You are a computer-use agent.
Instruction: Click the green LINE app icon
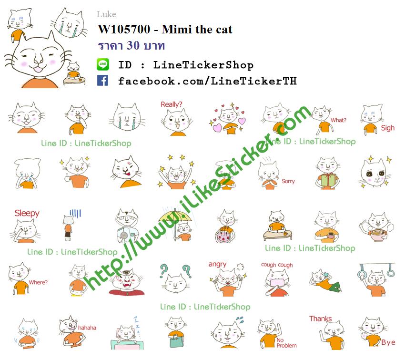coord(103,64)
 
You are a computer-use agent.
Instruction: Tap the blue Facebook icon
coord(102,81)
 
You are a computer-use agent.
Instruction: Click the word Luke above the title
coord(106,14)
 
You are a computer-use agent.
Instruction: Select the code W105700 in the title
coord(124,29)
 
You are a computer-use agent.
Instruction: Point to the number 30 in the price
coord(133,45)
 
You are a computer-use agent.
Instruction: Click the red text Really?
coord(171,104)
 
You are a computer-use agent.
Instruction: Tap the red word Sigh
coord(388,128)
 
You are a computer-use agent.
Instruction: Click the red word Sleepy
coord(27,213)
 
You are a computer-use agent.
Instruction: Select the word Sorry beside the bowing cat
coord(288,181)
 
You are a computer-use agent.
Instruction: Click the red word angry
coord(217,264)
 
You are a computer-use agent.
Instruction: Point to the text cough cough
coord(277,265)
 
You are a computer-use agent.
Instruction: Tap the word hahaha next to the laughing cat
coord(87,328)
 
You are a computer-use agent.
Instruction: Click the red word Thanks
coord(321,319)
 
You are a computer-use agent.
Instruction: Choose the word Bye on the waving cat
coord(388,342)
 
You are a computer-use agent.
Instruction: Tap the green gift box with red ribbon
coord(327,180)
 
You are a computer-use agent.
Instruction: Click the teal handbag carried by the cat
coord(176,340)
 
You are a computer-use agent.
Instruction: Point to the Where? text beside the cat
coord(38,282)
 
